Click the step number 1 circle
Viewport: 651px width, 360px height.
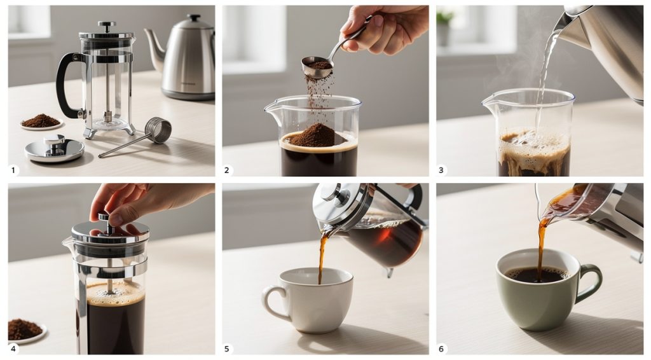[14, 170]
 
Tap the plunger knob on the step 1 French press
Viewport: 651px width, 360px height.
[106, 26]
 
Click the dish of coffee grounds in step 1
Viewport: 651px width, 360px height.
[41, 121]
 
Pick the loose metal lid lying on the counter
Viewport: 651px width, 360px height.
[54, 149]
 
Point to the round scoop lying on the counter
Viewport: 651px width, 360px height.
[158, 130]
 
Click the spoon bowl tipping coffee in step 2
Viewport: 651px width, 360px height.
[317, 66]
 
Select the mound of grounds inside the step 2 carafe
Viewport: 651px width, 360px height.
[318, 137]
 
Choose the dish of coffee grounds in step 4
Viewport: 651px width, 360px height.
[25, 329]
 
